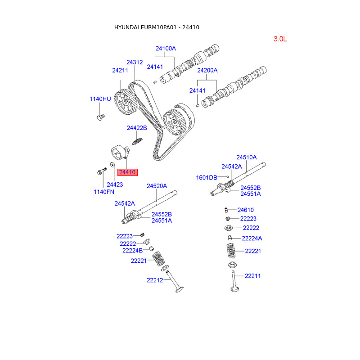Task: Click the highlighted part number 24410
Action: [x=127, y=172]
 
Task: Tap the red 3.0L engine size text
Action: [x=280, y=39]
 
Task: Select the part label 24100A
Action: [x=166, y=49]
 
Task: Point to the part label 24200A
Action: [x=207, y=71]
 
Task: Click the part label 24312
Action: [x=135, y=63]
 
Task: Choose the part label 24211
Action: [x=120, y=71]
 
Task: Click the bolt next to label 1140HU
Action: [x=100, y=117]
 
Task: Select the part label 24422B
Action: [x=137, y=128]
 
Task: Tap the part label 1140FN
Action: [x=104, y=192]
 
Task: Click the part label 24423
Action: [x=115, y=184]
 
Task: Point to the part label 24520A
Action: [x=157, y=186]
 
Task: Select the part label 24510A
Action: [x=247, y=157]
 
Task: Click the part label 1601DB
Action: [x=207, y=178]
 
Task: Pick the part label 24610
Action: [x=246, y=210]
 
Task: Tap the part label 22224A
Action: [x=252, y=238]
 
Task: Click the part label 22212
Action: [x=154, y=280]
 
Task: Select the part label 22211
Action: [x=253, y=276]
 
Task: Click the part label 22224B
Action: [x=132, y=250]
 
